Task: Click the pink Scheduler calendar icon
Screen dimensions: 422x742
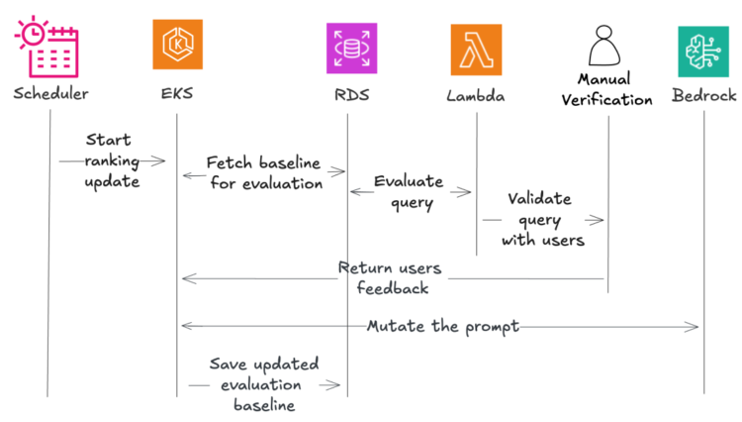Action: point(46,46)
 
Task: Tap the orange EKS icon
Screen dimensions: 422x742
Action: point(177,46)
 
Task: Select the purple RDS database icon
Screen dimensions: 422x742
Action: point(351,48)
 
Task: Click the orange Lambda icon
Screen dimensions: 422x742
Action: point(476,50)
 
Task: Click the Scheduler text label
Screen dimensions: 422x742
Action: point(50,95)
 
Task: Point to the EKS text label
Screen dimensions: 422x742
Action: point(177,97)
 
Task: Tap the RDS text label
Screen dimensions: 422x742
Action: point(351,97)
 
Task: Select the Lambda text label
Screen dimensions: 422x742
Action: point(476,97)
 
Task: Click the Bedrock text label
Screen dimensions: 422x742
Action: point(703,97)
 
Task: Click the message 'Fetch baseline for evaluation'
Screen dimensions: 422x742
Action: point(265,172)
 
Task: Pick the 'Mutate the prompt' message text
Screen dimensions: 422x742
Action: point(442,326)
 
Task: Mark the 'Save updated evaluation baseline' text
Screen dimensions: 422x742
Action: point(264,384)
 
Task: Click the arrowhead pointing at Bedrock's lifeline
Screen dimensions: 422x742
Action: point(696,326)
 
